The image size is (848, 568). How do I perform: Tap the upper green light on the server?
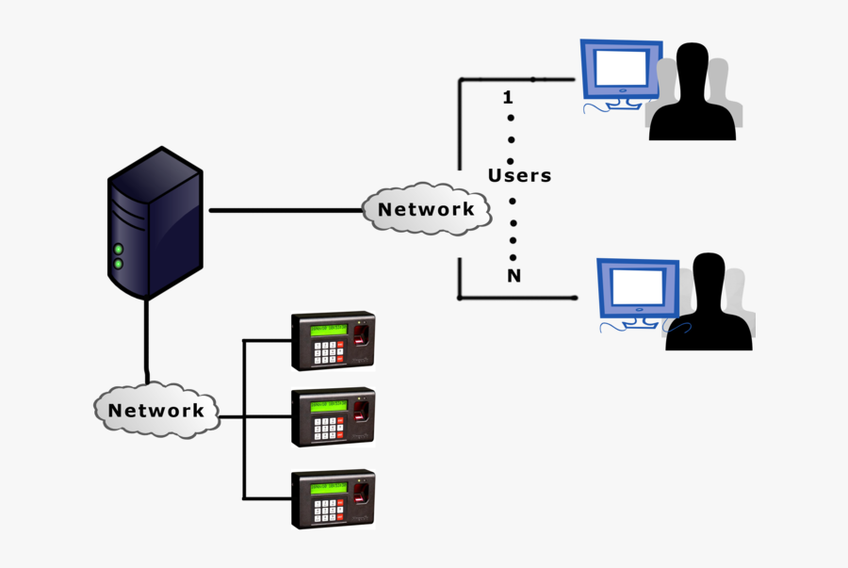pos(119,250)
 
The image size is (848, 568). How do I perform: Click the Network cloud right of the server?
pos(427,209)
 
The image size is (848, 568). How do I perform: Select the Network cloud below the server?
pos(155,410)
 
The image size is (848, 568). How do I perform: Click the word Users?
pos(519,175)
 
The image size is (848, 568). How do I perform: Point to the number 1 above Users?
pos(509,97)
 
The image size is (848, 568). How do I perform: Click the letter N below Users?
pos(514,276)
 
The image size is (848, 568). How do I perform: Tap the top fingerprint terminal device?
pos(333,341)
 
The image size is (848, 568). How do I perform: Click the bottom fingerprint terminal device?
pos(333,498)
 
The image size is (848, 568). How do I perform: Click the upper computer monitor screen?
pos(622,67)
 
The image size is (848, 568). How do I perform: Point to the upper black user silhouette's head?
pos(693,66)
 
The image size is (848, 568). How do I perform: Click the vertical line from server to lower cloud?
pos(146,339)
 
